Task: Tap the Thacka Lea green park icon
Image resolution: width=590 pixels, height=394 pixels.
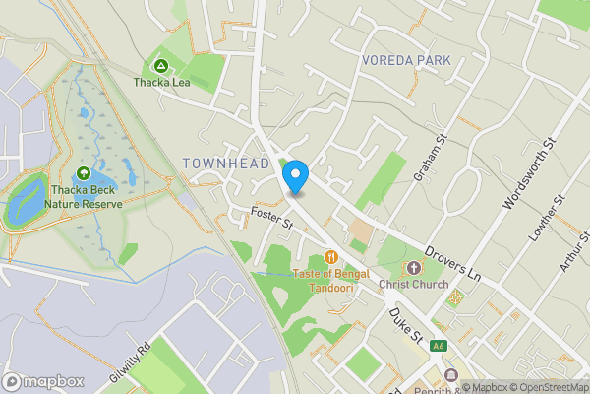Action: tap(162, 65)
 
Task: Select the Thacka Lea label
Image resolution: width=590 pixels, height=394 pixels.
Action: tap(162, 83)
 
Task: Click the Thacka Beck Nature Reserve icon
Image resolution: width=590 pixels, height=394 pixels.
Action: tap(84, 174)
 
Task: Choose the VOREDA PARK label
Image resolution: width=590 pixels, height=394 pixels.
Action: tap(406, 60)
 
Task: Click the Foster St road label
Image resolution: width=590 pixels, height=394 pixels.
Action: tap(272, 218)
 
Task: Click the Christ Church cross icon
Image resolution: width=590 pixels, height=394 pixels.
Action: tap(413, 267)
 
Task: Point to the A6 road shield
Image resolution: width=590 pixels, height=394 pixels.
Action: tap(440, 346)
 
